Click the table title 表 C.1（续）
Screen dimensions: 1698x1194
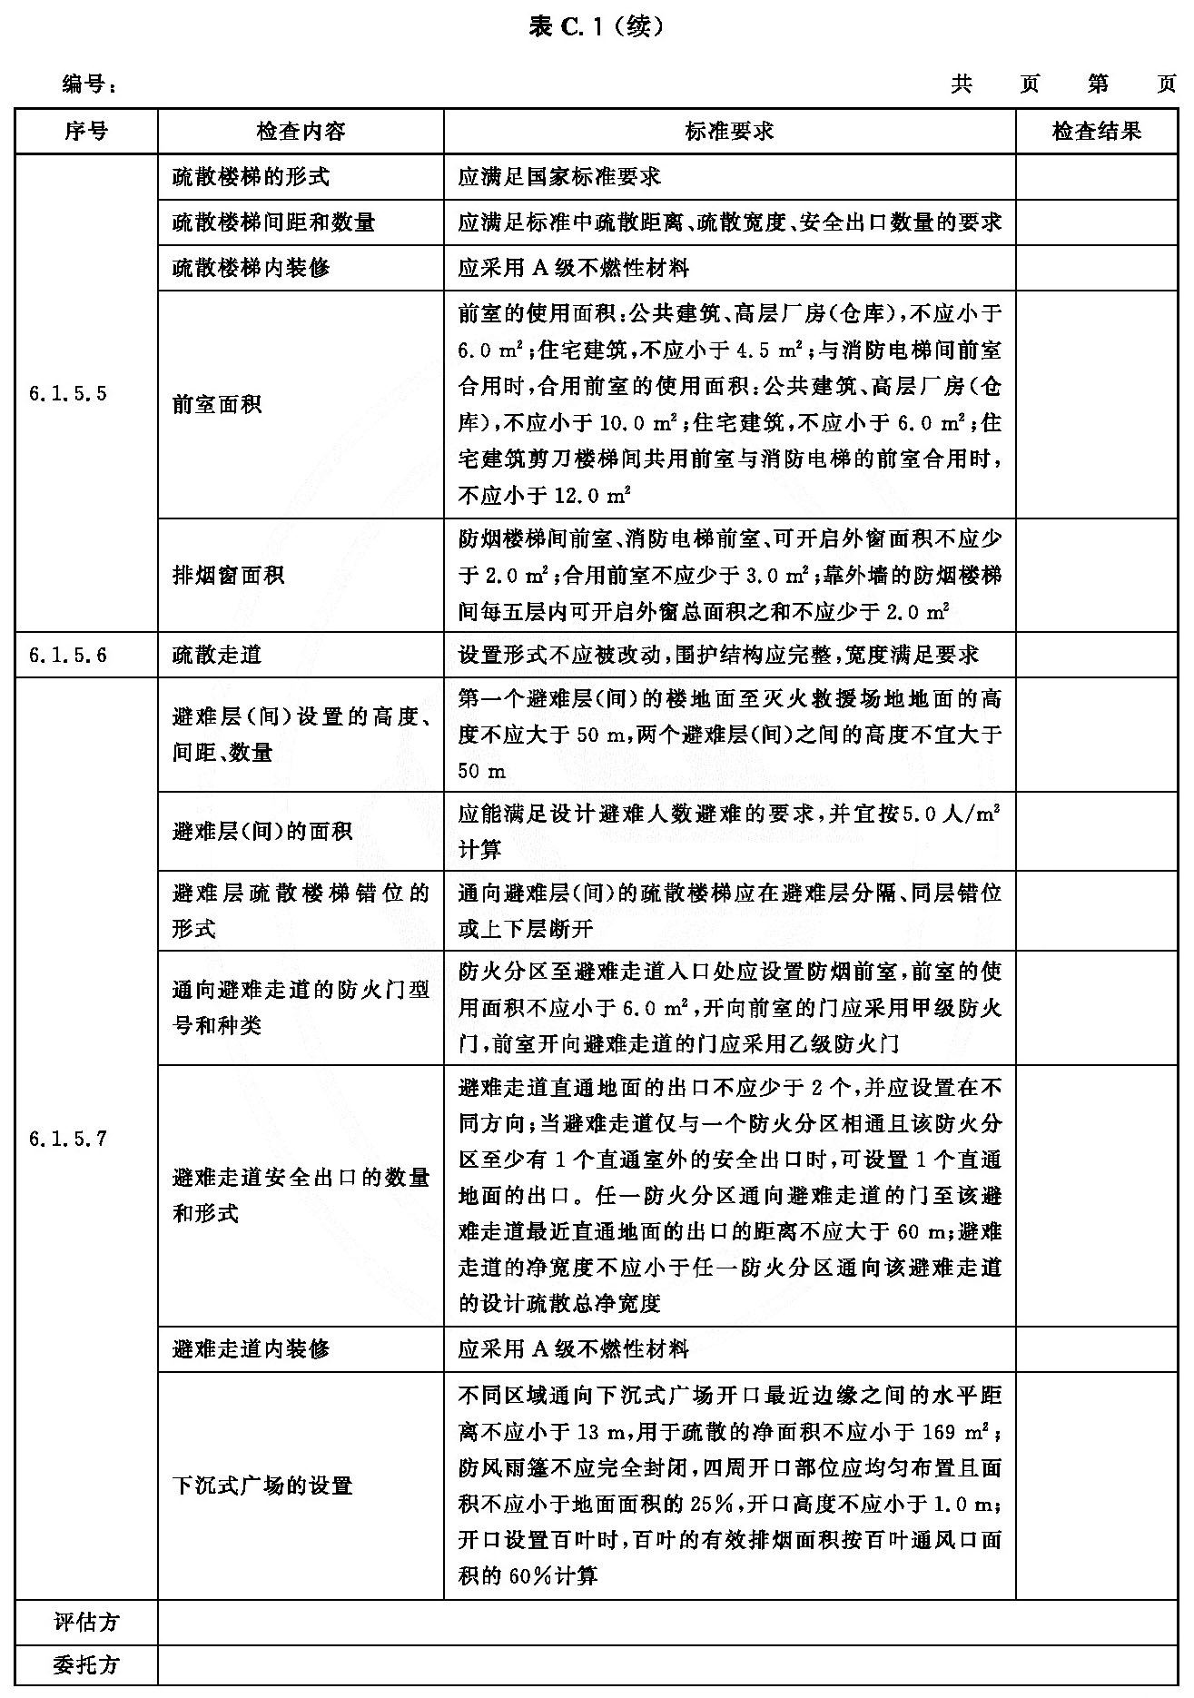(x=597, y=27)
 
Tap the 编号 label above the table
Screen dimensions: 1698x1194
(x=89, y=85)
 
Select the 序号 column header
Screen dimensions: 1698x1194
(x=86, y=132)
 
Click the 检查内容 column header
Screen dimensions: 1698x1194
(x=301, y=132)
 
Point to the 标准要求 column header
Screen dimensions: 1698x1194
(x=729, y=132)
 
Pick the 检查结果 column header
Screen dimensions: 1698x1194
(x=1096, y=132)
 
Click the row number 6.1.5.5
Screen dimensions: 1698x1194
(x=68, y=394)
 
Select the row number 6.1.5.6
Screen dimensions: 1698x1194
(x=68, y=655)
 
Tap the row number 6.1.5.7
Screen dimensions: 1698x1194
(x=68, y=1139)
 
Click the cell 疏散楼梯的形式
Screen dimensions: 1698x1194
(x=251, y=177)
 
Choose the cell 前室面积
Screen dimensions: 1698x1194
(x=217, y=404)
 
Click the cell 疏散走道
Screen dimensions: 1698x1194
(x=217, y=655)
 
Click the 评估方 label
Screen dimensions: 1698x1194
(x=86, y=1622)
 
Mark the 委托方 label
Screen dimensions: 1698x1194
(x=86, y=1665)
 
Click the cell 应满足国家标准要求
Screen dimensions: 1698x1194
(x=559, y=177)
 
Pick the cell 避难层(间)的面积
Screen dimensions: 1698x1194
(x=262, y=831)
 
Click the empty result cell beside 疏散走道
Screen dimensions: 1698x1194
(x=1096, y=655)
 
